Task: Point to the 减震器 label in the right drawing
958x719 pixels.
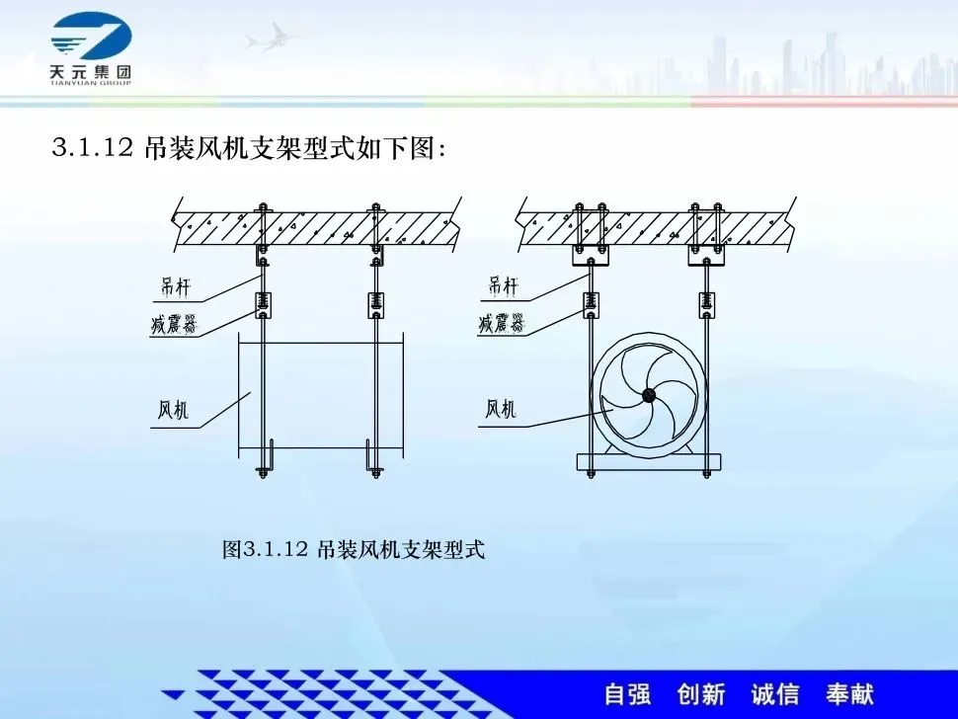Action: pyautogui.click(x=501, y=323)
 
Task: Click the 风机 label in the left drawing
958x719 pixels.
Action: pyautogui.click(x=173, y=410)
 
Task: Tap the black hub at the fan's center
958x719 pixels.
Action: pyautogui.click(x=648, y=396)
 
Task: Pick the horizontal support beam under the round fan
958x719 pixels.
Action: pyautogui.click(x=649, y=462)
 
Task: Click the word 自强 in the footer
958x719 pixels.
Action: pyautogui.click(x=627, y=694)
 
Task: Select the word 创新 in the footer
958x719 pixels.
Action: pyautogui.click(x=701, y=694)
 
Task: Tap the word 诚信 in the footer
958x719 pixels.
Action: pyautogui.click(x=775, y=694)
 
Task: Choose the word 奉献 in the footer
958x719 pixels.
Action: pyautogui.click(x=849, y=694)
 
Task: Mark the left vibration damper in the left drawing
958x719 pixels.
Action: pyautogui.click(x=262, y=304)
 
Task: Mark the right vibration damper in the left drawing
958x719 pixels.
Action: pyautogui.click(x=376, y=304)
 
